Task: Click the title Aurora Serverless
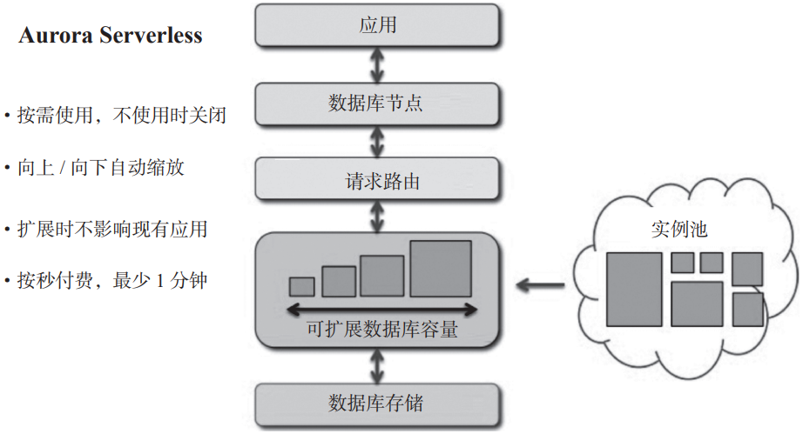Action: click(x=111, y=36)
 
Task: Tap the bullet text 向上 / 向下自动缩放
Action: click(x=101, y=168)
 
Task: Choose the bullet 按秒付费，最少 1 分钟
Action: click(x=112, y=281)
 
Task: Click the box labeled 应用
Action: click(x=377, y=25)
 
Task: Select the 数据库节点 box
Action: click(x=377, y=103)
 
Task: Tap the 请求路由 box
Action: click(x=377, y=181)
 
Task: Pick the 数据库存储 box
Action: click(x=377, y=403)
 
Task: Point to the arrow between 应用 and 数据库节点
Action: click(x=377, y=64)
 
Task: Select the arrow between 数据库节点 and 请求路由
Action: click(x=377, y=142)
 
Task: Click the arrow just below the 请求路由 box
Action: click(x=377, y=217)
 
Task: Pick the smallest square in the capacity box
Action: click(x=301, y=286)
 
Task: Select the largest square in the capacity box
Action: click(x=441, y=269)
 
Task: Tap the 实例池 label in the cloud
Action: click(x=679, y=230)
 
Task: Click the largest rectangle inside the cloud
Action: click(x=634, y=289)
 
